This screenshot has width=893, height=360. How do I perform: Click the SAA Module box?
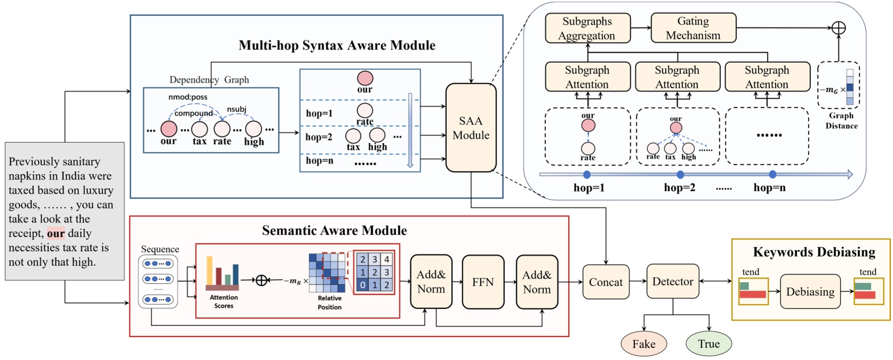[471, 128]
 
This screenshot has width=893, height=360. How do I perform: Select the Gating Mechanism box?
[693, 28]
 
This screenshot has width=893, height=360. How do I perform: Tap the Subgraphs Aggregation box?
[587, 28]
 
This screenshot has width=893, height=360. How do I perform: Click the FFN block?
[482, 282]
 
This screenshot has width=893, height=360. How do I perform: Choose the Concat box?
[605, 282]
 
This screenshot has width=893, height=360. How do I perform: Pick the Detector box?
[672, 282]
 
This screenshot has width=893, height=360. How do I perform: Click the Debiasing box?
[810, 292]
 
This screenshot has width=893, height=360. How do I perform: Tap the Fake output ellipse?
[643, 344]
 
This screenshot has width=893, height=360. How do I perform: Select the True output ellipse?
[709, 344]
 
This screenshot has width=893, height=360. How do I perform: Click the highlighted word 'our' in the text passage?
[55, 234]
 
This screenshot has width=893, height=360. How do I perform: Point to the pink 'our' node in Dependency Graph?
[168, 129]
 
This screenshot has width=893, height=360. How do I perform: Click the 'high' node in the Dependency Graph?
[254, 129]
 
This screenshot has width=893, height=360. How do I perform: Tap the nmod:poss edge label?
[188, 97]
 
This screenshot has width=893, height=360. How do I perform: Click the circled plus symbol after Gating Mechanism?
[839, 28]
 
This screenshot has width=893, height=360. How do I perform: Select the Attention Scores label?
[223, 301]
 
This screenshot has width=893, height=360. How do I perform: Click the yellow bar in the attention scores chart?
[210, 270]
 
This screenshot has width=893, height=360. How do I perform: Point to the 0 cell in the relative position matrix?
[363, 285]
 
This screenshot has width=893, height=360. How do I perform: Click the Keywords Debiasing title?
[814, 252]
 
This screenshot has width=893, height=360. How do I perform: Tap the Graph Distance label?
[841, 121]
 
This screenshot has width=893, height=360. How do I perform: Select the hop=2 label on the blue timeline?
[679, 188]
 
